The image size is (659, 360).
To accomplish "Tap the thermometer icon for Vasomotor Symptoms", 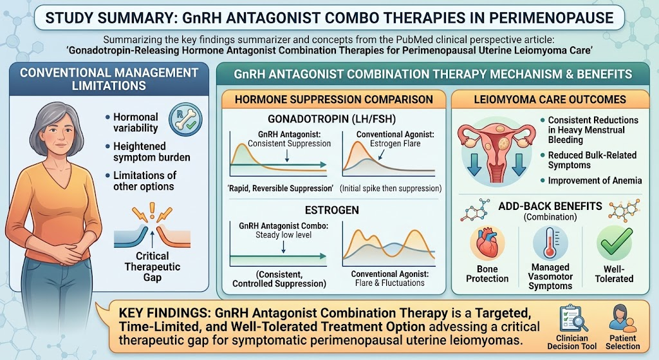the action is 550,243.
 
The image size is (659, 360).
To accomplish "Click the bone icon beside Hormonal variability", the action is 185,118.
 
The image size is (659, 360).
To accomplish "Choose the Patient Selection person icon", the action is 622,319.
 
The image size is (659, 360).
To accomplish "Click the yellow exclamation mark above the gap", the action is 152,211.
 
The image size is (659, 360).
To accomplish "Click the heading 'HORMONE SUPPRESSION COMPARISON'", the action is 334,100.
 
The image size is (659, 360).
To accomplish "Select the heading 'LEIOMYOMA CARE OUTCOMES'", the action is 550,100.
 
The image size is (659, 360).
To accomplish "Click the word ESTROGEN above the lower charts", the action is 331,211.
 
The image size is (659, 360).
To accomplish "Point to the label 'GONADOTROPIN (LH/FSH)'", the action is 331,119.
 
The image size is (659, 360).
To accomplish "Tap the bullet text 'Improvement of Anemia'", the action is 595,181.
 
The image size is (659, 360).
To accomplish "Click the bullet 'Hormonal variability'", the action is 135,122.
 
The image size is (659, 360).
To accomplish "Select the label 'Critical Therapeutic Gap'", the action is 152,267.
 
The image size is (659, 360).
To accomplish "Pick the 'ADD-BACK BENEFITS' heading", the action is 550,207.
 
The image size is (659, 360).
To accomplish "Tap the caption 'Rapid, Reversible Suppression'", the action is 281,189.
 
